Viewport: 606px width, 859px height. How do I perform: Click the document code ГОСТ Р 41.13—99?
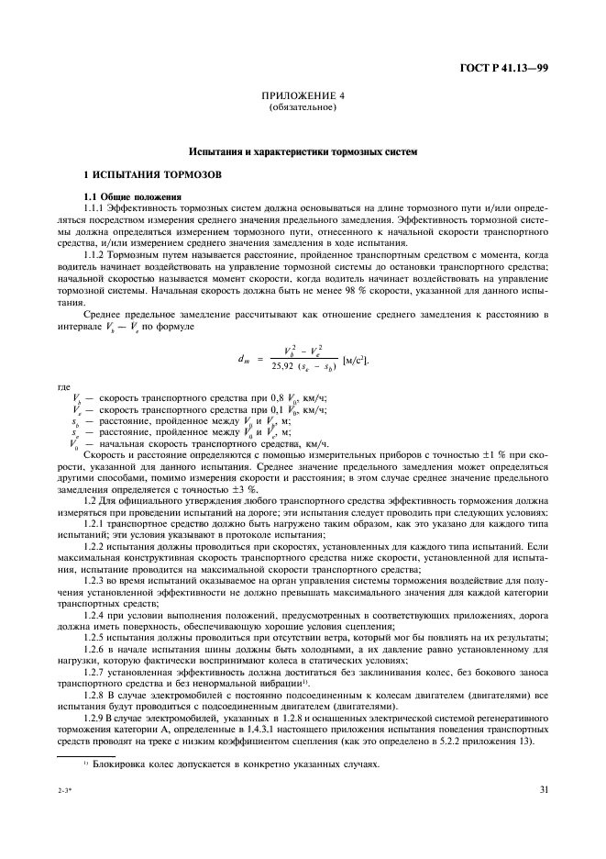pos(511,68)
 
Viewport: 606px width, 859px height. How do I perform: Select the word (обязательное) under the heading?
pos(303,108)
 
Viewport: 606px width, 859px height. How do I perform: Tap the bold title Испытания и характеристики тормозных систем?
pos(303,150)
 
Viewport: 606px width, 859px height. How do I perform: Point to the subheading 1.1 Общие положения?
pos(127,197)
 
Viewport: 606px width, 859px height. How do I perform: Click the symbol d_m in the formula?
pos(241,332)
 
